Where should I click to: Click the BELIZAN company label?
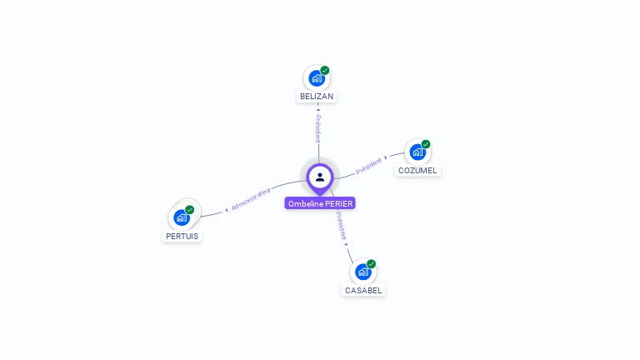click(317, 97)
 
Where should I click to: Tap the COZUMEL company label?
click(417, 171)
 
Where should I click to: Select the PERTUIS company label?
click(182, 236)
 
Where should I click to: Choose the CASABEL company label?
click(363, 291)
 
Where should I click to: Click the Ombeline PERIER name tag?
click(320, 203)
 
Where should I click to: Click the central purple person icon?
click(320, 177)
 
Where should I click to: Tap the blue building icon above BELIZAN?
click(316, 78)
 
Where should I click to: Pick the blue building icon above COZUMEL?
click(417, 152)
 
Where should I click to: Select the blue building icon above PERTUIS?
click(181, 217)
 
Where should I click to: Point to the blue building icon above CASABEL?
click(362, 272)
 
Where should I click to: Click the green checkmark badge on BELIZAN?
click(325, 71)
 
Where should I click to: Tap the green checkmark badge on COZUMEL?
click(426, 144)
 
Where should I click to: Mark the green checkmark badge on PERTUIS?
click(190, 210)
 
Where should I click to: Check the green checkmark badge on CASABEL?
click(372, 264)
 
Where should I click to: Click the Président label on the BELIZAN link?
click(317, 128)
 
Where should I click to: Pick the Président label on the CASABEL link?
click(341, 226)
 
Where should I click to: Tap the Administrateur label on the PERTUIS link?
click(251, 198)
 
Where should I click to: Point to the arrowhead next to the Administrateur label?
click(227, 209)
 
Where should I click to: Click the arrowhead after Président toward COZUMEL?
click(386, 157)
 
